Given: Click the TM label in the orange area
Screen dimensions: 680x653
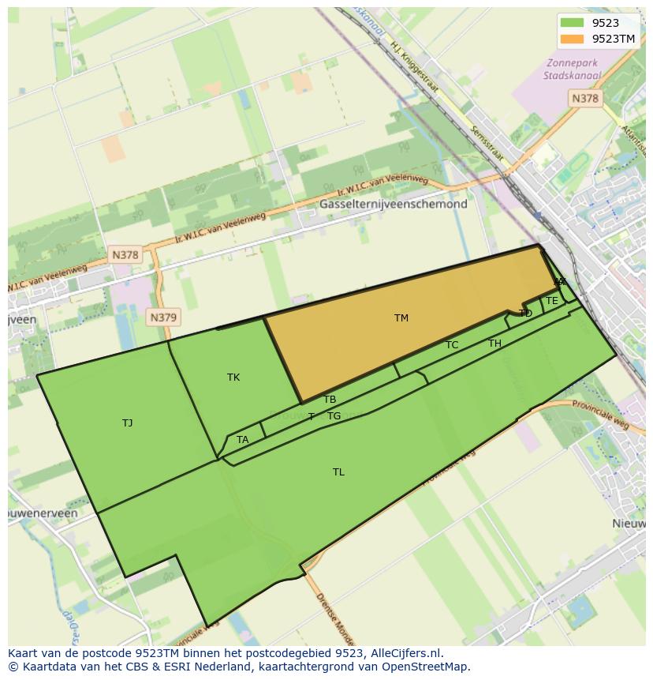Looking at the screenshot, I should pos(401,318).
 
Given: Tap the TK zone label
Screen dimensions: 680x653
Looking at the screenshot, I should pos(233,378).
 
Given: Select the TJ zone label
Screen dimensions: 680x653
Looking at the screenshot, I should pos(128,423).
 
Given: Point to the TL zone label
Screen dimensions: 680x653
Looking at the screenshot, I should pos(338,472).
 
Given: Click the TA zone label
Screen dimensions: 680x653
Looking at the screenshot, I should pos(242,440).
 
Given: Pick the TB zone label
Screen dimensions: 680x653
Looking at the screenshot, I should pos(330,400).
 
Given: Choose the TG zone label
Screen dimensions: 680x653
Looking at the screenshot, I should pos(334,416).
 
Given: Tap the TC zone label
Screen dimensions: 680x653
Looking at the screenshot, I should pos(452,345).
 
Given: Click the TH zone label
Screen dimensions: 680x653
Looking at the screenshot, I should pos(494,344).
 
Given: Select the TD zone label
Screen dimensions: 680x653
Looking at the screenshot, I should pos(526,314).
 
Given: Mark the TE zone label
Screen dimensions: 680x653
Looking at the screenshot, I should pos(552,301).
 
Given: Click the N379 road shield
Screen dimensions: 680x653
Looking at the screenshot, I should pos(163,317).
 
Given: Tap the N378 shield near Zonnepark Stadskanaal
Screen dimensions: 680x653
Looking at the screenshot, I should pos(584,99).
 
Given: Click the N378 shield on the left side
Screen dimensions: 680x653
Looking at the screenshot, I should pos(125,255).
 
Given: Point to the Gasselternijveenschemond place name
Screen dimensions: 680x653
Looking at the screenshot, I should pos(393,204).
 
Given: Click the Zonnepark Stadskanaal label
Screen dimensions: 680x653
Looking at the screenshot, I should pos(572,70).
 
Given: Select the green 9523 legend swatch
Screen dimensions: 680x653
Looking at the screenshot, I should pos(572,23).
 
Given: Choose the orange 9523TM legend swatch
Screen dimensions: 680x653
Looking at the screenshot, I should pos(572,39).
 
